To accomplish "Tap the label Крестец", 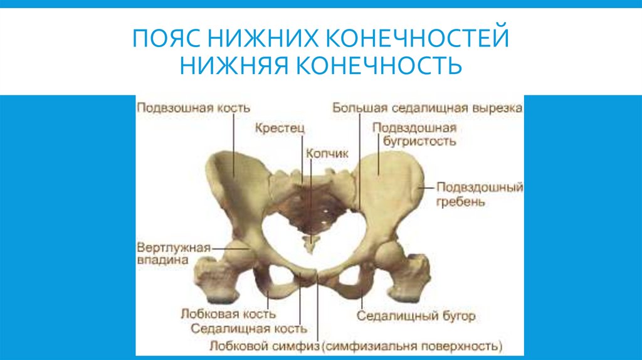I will pos(280,129).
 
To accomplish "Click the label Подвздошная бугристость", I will pos(414,134).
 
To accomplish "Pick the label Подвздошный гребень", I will pos(480,194).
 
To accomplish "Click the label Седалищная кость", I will pos(249,327).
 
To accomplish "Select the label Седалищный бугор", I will pos(417,315).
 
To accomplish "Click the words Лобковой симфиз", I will pos(265,346).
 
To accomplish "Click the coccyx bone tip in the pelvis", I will pos(308,246).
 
